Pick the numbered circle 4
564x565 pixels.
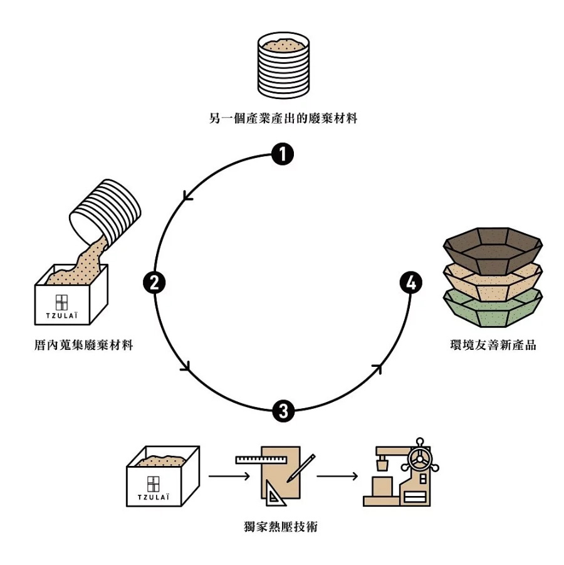pyautogui.click(x=410, y=283)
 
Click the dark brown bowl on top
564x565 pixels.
pyautogui.click(x=493, y=246)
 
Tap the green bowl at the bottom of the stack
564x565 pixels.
pyautogui.click(x=493, y=307)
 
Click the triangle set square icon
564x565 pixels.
pyautogui.click(x=273, y=497)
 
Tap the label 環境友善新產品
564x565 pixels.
pyautogui.click(x=493, y=345)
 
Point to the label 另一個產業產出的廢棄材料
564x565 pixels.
pyautogui.click(x=283, y=117)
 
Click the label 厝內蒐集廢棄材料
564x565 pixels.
pyautogui.click(x=85, y=345)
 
